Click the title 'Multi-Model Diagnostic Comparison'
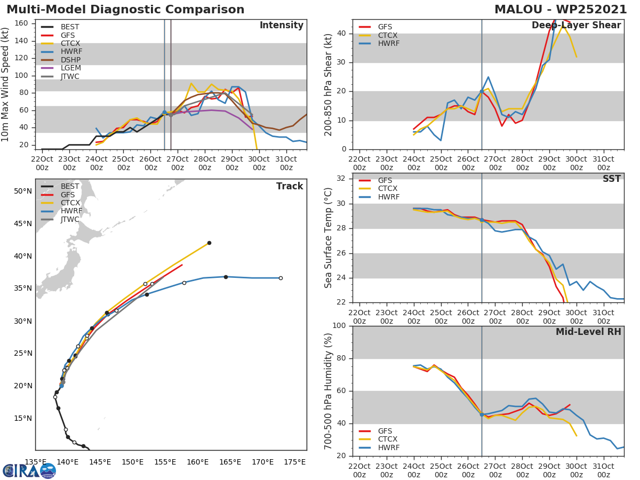pyautogui.click(x=125, y=10)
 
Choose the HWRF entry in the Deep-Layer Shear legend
pyautogui.click(x=388, y=44)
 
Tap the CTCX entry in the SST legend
pyautogui.click(x=388, y=189)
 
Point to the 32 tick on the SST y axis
pyautogui.click(x=342, y=179)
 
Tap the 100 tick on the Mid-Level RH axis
pyautogui.click(x=339, y=326)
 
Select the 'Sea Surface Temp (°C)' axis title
pyautogui.click(x=329, y=238)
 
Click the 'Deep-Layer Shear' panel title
pyautogui.click(x=576, y=26)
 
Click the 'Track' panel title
pyautogui.click(x=290, y=186)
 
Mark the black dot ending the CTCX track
pyautogui.click(x=209, y=243)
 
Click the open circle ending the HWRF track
pyautogui.click(x=281, y=278)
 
